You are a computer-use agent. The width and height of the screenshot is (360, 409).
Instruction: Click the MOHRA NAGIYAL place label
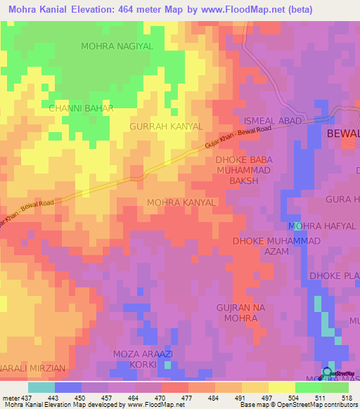(117, 46)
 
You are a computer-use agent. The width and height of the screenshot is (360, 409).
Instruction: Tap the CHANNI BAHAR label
(76, 109)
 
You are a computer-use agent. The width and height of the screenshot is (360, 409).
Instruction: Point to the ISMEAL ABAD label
(273, 121)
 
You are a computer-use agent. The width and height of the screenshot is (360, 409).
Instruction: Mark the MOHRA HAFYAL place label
(322, 226)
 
